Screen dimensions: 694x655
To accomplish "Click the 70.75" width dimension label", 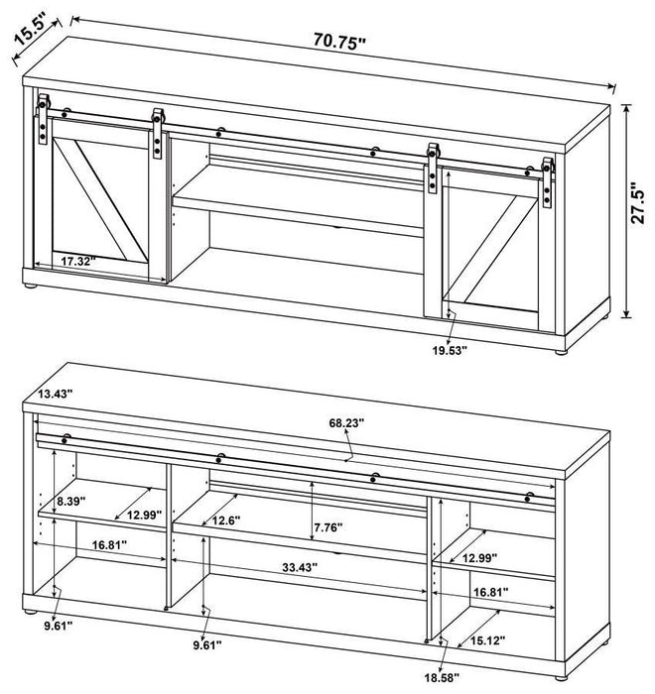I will click(339, 41).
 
